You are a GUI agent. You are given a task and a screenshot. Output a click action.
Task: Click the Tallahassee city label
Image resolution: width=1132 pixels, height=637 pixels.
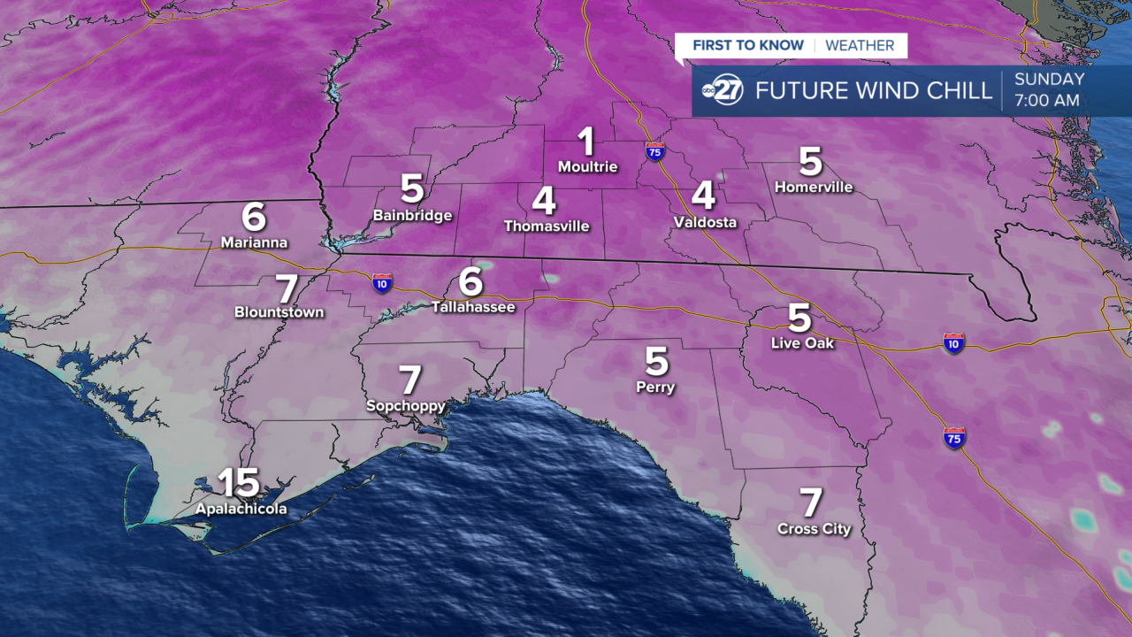click(x=473, y=307)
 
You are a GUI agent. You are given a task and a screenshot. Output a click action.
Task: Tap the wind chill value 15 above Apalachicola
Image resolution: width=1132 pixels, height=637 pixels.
click(x=239, y=482)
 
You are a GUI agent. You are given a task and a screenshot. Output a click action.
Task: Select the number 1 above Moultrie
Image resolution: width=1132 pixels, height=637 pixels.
click(x=586, y=142)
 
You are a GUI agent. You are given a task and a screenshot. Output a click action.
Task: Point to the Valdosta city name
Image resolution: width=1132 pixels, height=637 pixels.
click(x=705, y=222)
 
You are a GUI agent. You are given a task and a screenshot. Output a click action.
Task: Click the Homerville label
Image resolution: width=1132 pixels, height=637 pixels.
click(x=814, y=187)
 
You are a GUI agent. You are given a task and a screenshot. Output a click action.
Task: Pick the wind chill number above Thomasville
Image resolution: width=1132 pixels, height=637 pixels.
click(x=545, y=200)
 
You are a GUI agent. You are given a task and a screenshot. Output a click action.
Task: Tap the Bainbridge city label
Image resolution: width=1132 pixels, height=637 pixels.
click(x=412, y=215)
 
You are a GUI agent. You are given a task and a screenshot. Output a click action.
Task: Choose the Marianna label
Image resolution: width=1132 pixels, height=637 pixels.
click(x=254, y=242)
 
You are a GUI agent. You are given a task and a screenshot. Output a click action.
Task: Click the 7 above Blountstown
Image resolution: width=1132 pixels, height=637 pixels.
click(x=287, y=288)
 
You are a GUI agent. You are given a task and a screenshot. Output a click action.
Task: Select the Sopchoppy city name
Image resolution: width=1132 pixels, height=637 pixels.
click(x=406, y=405)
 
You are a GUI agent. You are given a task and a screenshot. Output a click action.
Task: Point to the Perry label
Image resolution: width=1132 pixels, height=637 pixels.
click(x=655, y=387)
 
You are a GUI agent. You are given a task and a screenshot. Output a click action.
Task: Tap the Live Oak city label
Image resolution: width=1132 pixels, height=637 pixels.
click(x=802, y=342)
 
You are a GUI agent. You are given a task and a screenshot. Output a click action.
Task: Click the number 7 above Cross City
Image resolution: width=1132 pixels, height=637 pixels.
click(x=812, y=503)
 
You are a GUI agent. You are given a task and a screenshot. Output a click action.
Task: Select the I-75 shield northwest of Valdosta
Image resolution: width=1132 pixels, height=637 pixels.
click(x=654, y=150)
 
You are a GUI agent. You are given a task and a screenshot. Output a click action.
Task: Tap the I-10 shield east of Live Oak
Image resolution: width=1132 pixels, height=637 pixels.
click(x=952, y=343)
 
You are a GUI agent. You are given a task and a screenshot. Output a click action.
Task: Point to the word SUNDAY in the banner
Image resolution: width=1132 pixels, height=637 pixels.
click(x=1049, y=80)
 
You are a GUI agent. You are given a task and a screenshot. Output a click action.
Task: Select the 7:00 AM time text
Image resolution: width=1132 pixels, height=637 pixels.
click(x=1047, y=101)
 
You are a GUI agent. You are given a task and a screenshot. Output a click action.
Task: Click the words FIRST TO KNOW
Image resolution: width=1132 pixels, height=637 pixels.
click(x=748, y=46)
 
